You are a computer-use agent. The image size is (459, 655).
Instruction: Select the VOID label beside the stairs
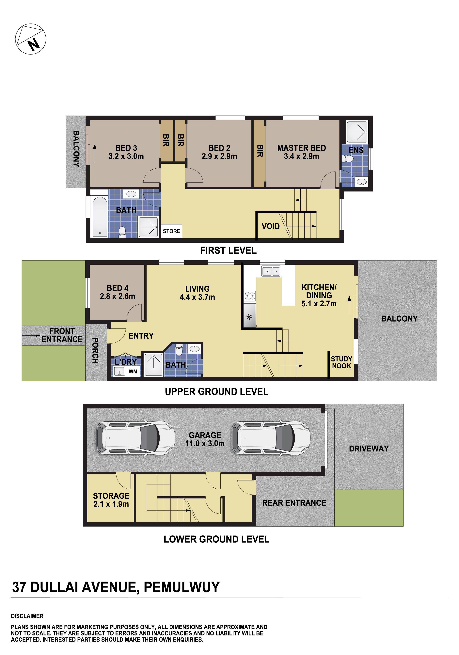tap(270, 226)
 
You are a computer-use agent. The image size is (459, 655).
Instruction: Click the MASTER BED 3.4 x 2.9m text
tap(301, 152)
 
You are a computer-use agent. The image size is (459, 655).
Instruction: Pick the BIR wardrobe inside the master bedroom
tap(259, 153)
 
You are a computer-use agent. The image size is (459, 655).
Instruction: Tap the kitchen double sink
tap(271, 271)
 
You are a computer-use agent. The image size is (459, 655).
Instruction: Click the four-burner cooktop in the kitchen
tap(250, 296)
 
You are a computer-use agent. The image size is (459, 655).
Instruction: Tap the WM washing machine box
tap(133, 372)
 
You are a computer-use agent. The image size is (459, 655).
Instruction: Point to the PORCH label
tap(95, 351)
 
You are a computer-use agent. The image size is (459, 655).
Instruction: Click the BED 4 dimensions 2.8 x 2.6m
tap(117, 296)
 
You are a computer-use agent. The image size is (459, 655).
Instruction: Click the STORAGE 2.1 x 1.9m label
tap(111, 500)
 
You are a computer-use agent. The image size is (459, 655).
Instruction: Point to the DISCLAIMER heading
tap(27, 616)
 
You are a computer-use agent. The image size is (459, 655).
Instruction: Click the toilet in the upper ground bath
tap(179, 351)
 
